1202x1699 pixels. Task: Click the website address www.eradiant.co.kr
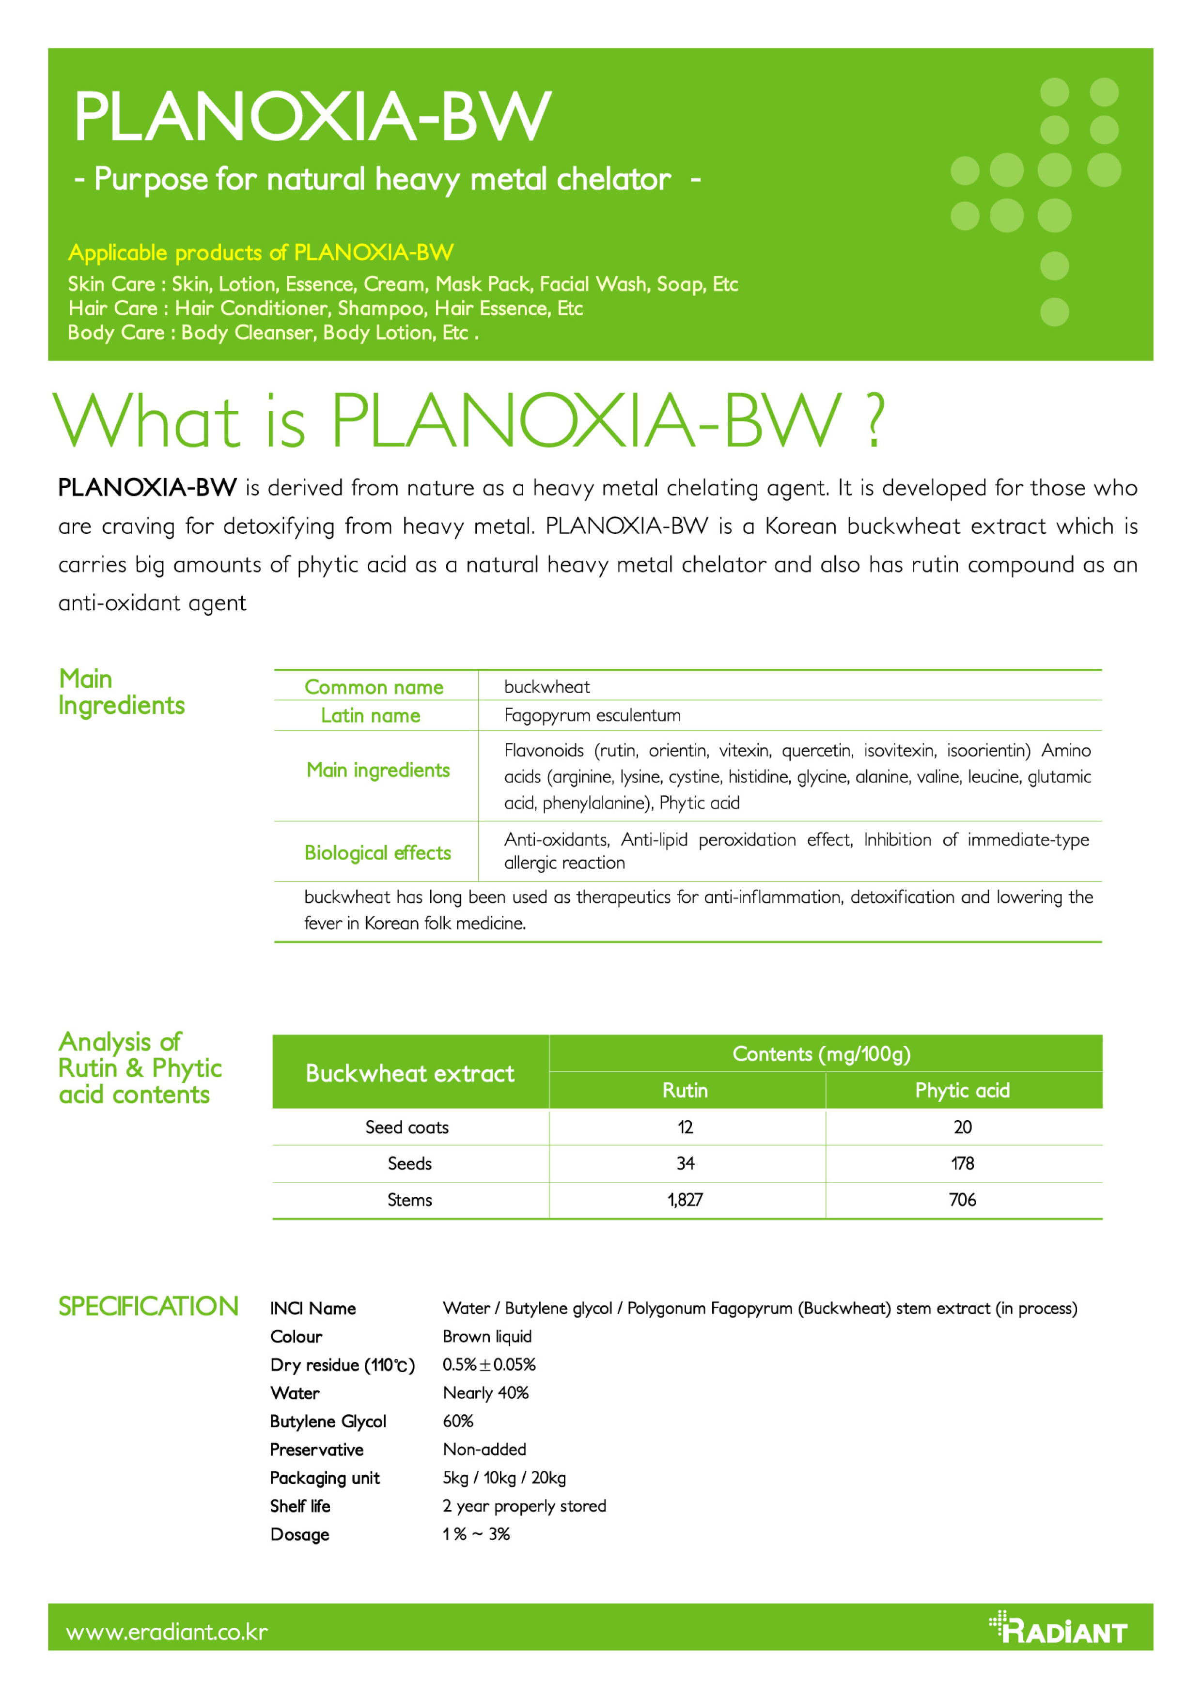pos(167,1632)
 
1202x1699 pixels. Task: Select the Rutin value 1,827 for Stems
pos(686,1200)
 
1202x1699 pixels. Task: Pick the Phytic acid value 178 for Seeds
pos(962,1163)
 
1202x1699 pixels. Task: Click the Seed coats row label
pos(407,1127)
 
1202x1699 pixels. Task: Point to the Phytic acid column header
pos(962,1090)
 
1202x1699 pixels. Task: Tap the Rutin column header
pos(686,1090)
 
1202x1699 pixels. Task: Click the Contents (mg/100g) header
pos(822,1054)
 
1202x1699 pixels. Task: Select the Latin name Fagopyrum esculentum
pos(592,715)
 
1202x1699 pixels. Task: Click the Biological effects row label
pos(377,852)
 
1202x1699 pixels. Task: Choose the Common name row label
pos(374,687)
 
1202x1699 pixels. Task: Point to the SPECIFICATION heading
pos(148,1307)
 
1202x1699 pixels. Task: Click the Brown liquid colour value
pos(487,1336)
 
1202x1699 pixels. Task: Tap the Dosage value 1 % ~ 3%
pos(476,1534)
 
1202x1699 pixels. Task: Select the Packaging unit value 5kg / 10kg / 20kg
pos(504,1478)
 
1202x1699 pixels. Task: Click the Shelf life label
pos(300,1506)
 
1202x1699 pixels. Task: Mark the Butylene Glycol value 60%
pos(458,1421)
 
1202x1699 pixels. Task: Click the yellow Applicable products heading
pos(261,253)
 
